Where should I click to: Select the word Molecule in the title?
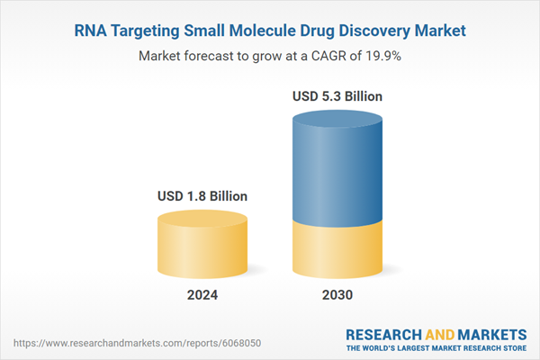click(x=265, y=31)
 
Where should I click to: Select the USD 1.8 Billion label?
click(x=202, y=195)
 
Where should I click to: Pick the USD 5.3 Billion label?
click(x=337, y=95)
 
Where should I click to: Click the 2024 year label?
click(x=202, y=295)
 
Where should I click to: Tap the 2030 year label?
click(x=337, y=295)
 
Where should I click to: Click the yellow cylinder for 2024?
click(x=202, y=252)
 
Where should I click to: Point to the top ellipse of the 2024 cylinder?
click(x=202, y=219)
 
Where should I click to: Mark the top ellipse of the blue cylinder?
click(x=337, y=119)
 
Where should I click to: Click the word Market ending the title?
click(x=438, y=31)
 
